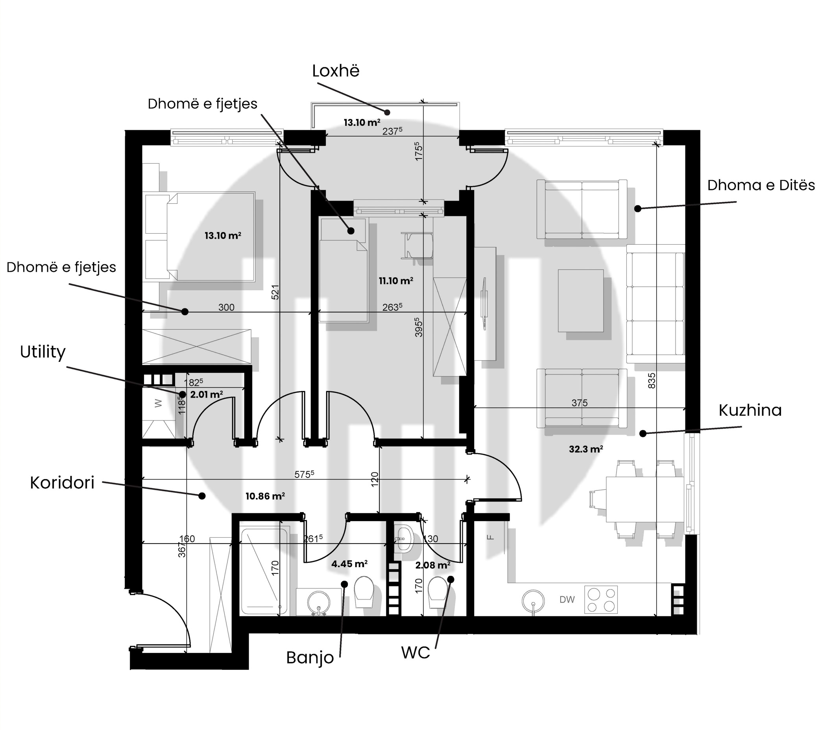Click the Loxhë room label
click(336, 71)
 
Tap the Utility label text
click(42, 352)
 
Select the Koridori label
click(62, 483)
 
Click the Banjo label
click(310, 658)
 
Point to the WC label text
click(416, 653)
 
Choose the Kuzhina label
click(750, 410)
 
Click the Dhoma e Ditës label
click(761, 185)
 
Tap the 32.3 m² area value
click(586, 449)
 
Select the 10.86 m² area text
click(265, 496)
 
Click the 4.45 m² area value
click(349, 564)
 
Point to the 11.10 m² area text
click(396, 281)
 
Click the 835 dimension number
click(652, 381)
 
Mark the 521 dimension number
click(275, 292)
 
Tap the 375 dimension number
click(580, 403)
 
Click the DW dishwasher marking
click(567, 600)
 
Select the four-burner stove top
click(601, 600)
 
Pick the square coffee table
click(581, 300)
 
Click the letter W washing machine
click(159, 403)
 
